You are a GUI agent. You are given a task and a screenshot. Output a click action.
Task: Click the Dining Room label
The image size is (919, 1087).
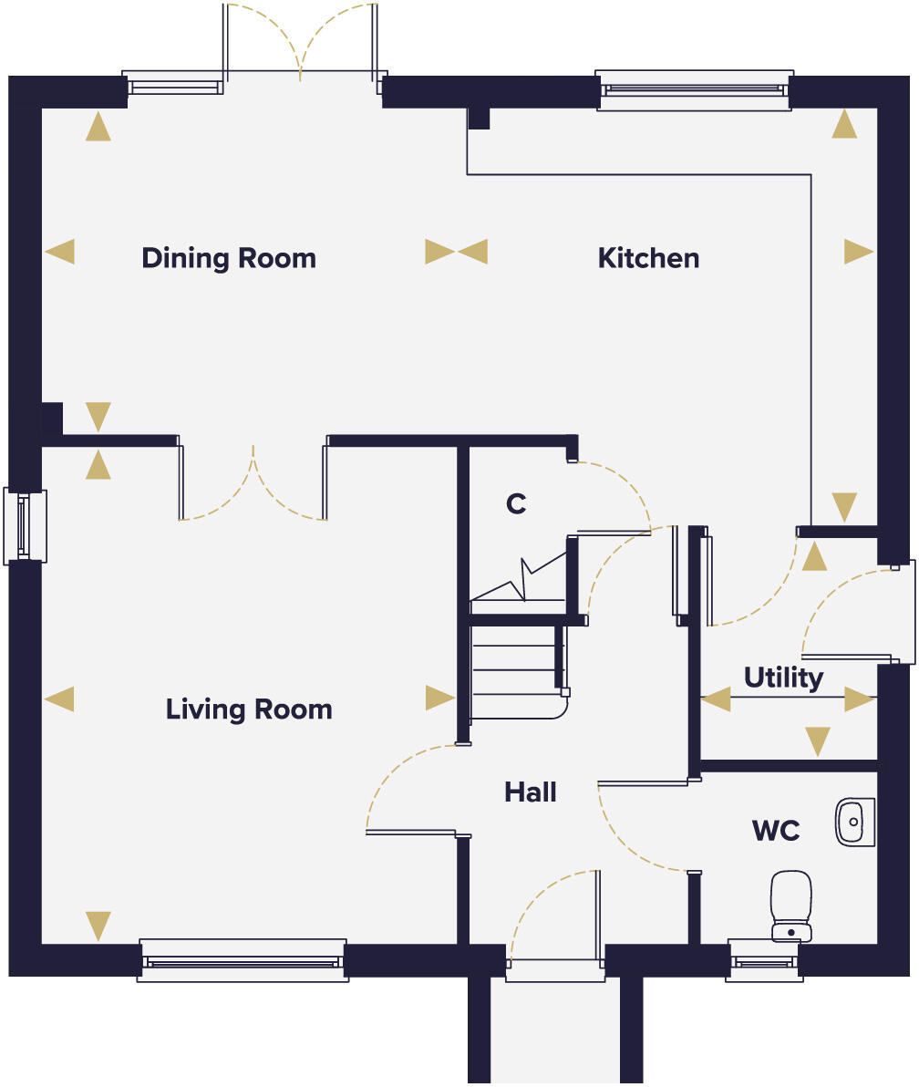(229, 258)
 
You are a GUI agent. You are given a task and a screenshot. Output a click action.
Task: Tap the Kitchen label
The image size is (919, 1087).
(648, 258)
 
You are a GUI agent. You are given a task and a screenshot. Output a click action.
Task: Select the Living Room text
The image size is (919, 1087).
(249, 709)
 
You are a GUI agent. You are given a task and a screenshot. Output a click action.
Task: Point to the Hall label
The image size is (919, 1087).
(531, 792)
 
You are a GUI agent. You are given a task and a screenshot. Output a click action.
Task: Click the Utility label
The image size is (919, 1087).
(783, 678)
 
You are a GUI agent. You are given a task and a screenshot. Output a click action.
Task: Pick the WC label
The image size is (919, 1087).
(776, 831)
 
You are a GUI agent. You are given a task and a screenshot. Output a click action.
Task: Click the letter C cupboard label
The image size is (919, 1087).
(516, 503)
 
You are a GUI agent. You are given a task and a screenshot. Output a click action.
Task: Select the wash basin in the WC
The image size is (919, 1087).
(854, 821)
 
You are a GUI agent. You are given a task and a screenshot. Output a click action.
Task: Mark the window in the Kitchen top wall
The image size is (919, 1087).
(694, 89)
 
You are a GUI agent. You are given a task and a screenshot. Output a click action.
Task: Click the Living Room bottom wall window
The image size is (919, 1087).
(243, 960)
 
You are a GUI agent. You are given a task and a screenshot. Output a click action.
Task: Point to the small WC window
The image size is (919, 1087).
(764, 961)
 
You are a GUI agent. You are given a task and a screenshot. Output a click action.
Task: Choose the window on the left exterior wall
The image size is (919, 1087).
(25, 525)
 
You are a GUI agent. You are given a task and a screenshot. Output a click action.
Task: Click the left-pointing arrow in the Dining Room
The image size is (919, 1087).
(60, 252)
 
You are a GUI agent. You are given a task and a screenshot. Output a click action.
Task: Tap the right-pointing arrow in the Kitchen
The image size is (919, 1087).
(858, 252)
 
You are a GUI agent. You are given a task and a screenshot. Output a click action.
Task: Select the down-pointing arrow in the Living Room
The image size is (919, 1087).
(98, 926)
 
